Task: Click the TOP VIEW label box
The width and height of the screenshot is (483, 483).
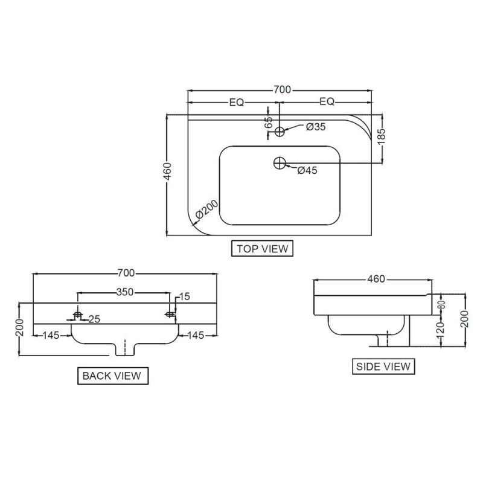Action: point(262,248)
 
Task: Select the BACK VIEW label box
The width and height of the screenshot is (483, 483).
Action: point(113,376)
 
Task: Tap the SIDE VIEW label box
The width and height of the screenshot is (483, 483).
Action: point(383,366)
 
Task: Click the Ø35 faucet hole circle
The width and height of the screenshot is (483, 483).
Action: point(280,132)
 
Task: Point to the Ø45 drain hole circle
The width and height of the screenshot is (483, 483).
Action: point(280,163)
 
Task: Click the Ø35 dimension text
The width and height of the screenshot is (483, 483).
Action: point(315,127)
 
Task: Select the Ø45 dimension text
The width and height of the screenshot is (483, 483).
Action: point(307,170)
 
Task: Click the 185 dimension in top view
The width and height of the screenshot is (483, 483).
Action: point(381,136)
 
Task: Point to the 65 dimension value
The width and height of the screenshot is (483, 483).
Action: point(268,123)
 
